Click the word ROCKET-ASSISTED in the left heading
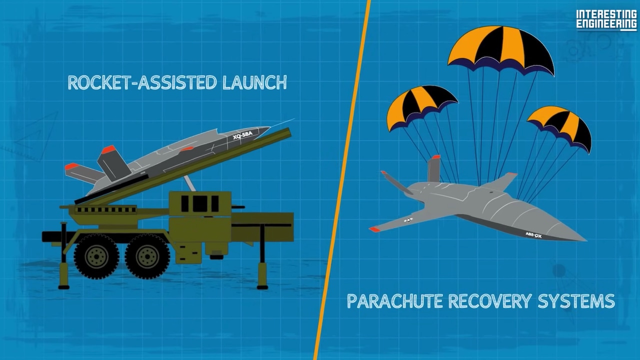pos(142,82)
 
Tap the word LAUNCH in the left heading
pos(254,82)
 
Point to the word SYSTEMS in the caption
pos(576,301)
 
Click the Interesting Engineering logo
pos(606,20)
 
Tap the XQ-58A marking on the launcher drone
pos(242,135)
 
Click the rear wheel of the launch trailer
pos(96,256)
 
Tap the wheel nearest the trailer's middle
pos(147,256)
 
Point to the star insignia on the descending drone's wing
pos(408,220)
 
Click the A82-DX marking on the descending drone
pos(533,235)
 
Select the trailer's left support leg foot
pos(63,287)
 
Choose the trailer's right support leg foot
pos(262,287)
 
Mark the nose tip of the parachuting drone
pos(586,240)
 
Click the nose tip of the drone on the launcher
pos(269,127)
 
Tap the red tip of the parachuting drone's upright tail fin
pos(436,157)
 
